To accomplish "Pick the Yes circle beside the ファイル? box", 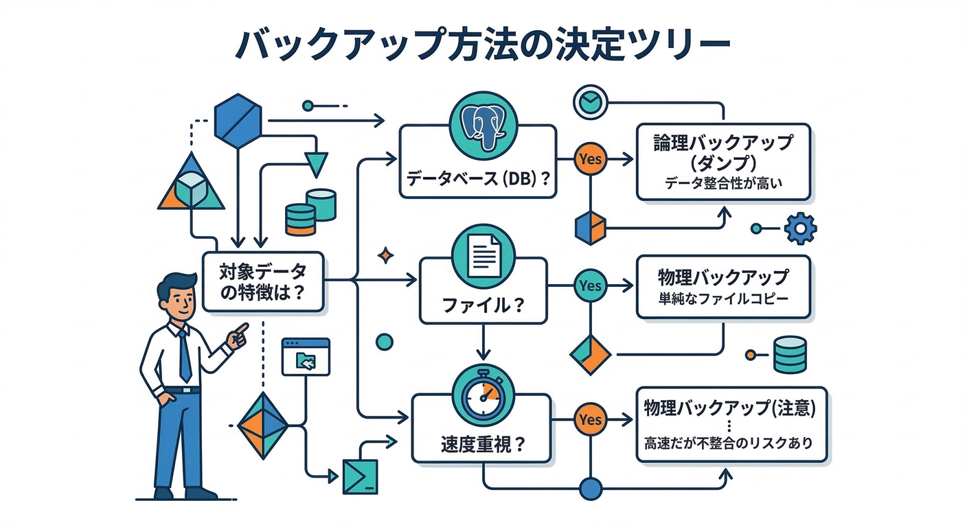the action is tap(590, 284).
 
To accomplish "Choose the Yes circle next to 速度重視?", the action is tap(590, 419).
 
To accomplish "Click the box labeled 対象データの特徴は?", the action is tap(264, 282).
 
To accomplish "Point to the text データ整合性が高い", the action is tap(724, 183).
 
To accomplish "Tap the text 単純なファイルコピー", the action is tap(723, 300).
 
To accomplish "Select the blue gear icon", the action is tap(799, 228).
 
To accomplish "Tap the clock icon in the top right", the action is tap(589, 102).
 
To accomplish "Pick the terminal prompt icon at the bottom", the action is tap(361, 476).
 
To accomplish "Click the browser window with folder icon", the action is tap(306, 356).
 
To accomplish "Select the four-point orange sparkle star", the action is tap(386, 257).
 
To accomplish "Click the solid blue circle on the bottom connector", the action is tap(591, 489).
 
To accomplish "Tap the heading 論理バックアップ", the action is tap(723, 144).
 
